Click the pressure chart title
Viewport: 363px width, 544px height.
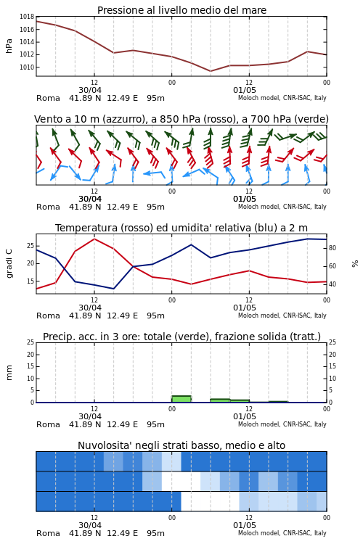click(181, 10)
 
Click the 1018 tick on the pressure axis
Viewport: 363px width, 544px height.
click(27, 17)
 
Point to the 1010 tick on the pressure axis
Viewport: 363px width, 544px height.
click(27, 67)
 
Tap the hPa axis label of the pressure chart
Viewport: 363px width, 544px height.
click(9, 46)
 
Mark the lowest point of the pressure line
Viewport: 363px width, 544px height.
click(210, 71)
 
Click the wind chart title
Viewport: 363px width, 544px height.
click(181, 119)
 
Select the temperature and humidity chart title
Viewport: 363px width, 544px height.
click(181, 228)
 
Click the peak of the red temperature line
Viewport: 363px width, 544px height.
click(94, 239)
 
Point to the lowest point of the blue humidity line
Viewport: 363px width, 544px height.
click(113, 289)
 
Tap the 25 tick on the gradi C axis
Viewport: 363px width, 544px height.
click(30, 246)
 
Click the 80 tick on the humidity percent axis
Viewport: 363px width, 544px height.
click(333, 248)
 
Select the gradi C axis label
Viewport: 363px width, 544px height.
click(9, 264)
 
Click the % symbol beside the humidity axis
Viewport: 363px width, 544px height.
click(355, 264)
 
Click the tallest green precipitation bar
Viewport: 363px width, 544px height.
click(181, 399)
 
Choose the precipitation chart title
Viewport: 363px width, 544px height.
click(181, 337)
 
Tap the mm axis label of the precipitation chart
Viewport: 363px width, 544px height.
click(9, 373)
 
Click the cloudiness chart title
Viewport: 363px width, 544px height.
click(181, 445)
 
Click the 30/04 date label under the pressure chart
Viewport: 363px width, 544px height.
click(90, 90)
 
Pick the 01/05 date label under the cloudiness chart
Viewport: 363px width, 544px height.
click(245, 525)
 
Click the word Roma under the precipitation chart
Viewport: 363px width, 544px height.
click(48, 424)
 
